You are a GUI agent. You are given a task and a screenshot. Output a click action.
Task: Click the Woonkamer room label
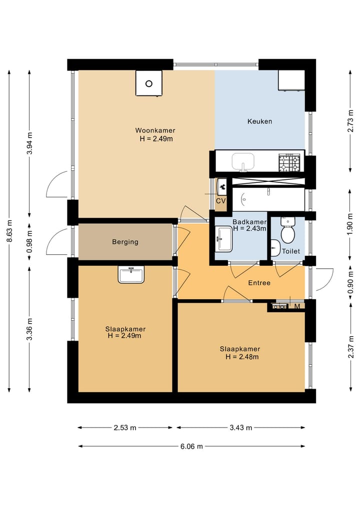(x=155, y=130)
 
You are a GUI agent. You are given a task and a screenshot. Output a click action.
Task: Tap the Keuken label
(x=259, y=121)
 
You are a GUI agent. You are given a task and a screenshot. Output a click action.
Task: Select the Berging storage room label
(x=125, y=242)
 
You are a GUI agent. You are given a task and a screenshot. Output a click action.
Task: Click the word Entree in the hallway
(x=259, y=283)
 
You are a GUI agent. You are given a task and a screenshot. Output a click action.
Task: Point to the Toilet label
(x=291, y=251)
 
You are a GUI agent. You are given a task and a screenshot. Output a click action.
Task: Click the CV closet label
(x=221, y=201)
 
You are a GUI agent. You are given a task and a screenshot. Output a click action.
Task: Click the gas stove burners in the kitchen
(x=289, y=163)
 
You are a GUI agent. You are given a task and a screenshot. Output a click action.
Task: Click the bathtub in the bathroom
(x=268, y=199)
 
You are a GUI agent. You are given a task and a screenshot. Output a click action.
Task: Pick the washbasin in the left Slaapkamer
(x=131, y=275)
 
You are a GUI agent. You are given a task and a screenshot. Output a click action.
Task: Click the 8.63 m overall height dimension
(x=10, y=231)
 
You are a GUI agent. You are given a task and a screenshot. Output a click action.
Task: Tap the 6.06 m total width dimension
(x=191, y=447)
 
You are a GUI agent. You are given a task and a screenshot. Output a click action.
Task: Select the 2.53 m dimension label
(x=125, y=428)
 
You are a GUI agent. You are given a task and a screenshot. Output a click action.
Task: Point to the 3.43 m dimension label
(x=240, y=428)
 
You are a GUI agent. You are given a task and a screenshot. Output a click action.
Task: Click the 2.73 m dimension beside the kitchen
(x=350, y=121)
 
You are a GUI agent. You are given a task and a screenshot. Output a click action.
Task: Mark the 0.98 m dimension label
(x=29, y=241)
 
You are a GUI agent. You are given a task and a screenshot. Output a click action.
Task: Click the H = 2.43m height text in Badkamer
(x=249, y=228)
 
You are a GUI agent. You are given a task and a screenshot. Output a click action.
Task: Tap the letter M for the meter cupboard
(x=297, y=306)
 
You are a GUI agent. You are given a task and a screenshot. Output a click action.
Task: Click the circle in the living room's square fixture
(x=149, y=83)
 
